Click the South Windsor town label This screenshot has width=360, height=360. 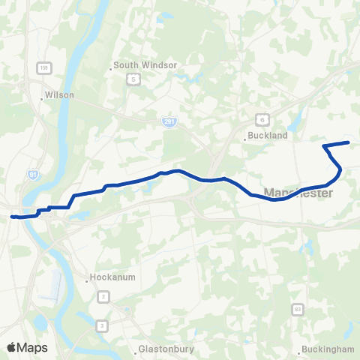(x=146, y=65)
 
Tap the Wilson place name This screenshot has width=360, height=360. (x=59, y=96)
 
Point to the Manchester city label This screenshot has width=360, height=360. (x=298, y=193)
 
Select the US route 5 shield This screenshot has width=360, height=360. (x=133, y=78)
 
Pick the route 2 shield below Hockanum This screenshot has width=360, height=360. (x=102, y=297)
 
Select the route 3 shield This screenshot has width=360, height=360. (x=102, y=325)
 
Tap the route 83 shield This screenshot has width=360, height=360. (x=298, y=308)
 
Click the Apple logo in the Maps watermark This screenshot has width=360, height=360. (x=11, y=347)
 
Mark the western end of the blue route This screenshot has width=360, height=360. (x=12, y=217)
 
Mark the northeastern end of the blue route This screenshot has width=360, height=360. (x=349, y=142)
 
